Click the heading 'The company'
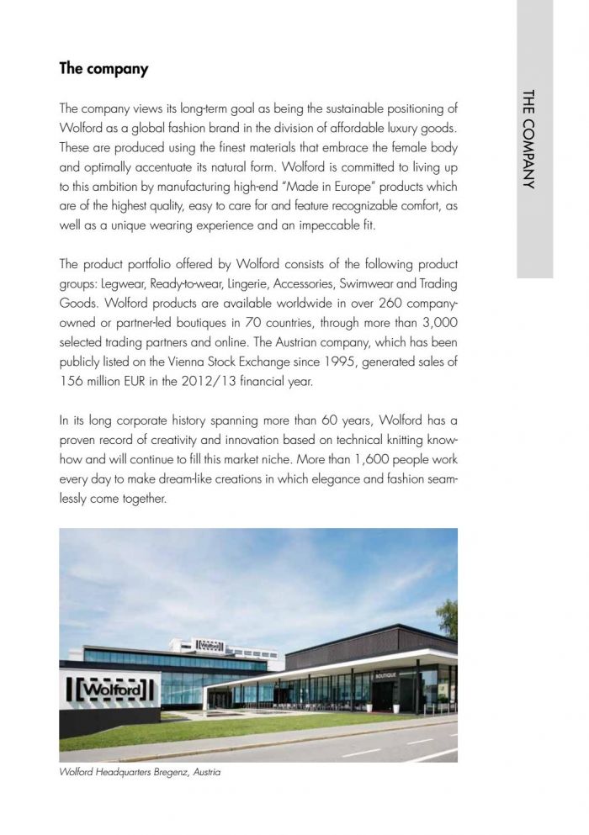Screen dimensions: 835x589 click(103, 69)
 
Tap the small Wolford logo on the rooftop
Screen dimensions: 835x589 click(207, 645)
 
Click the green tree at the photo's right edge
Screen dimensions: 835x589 click(448, 618)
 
